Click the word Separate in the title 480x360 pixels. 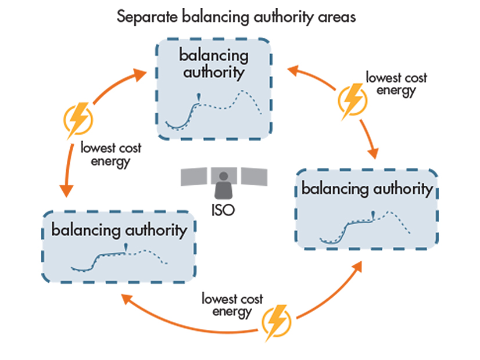[145, 16]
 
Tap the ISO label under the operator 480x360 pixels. [223, 210]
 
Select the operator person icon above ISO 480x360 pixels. [223, 184]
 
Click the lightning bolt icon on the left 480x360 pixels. [78, 118]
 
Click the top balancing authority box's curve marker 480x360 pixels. [199, 96]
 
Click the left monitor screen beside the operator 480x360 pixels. [194, 177]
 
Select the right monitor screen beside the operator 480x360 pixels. [253, 177]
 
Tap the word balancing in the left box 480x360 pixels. [86, 230]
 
